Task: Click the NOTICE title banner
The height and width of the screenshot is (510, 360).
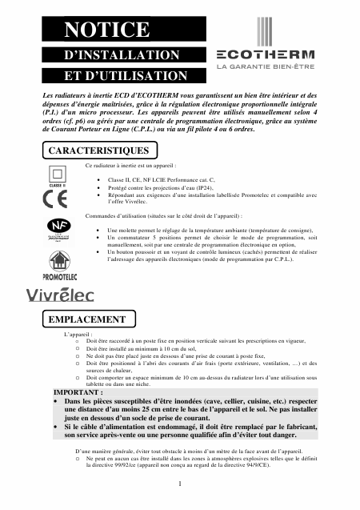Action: [x=108, y=30]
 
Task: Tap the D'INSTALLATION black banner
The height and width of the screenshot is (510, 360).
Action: [x=121, y=55]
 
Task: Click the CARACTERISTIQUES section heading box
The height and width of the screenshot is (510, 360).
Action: [x=98, y=150]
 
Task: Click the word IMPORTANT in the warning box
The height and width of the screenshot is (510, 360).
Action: [x=78, y=393]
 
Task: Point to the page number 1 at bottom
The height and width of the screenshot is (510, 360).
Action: [x=181, y=484]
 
